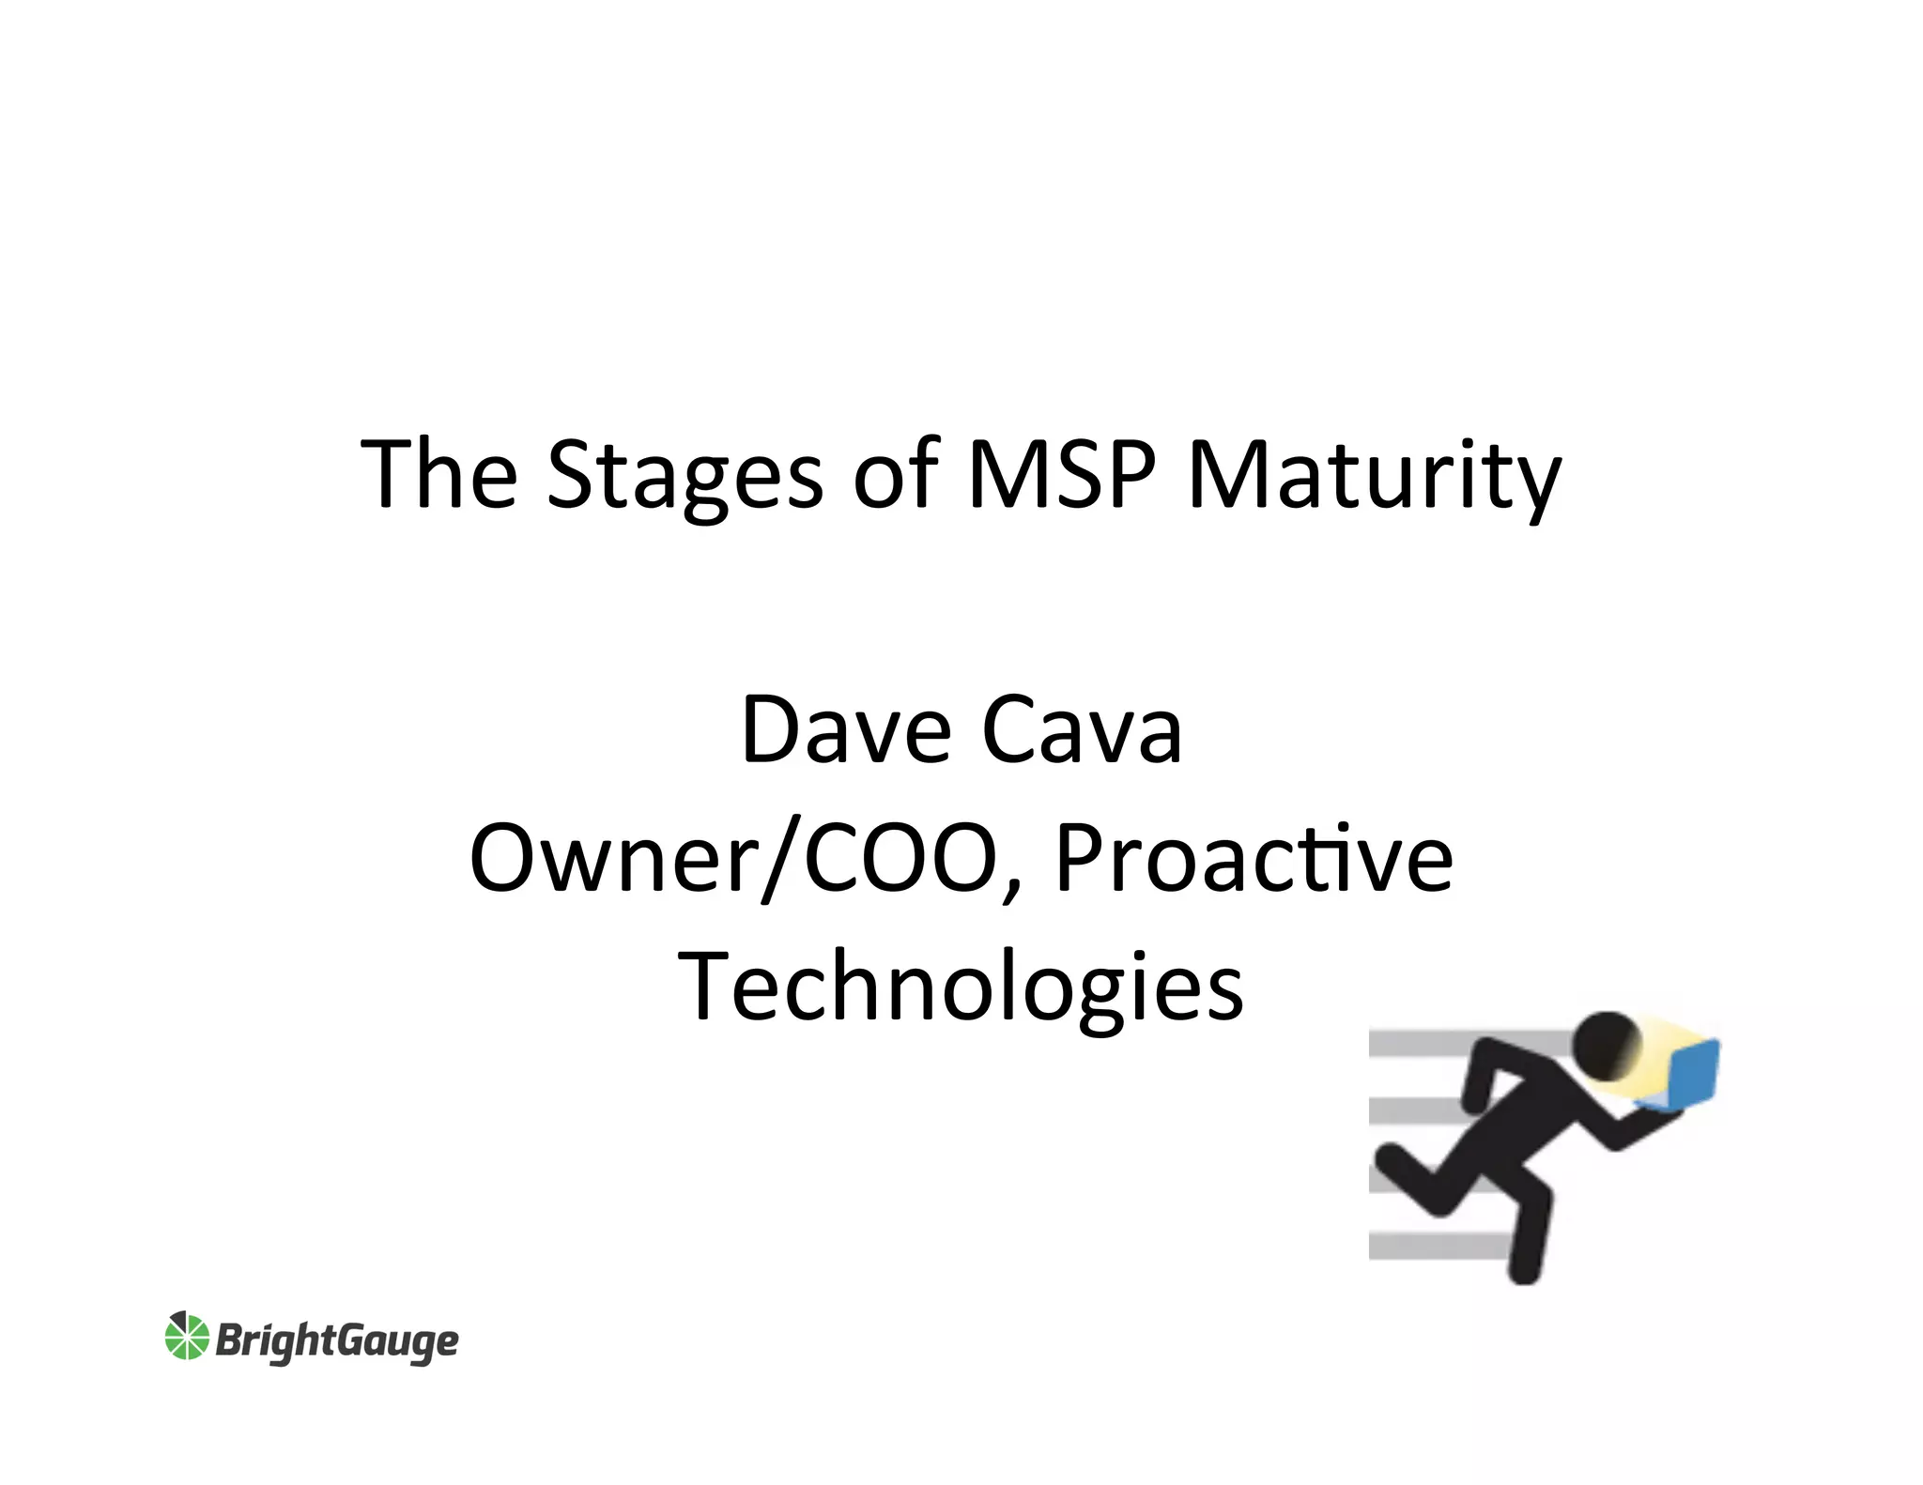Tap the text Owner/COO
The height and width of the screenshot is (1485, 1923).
[732, 858]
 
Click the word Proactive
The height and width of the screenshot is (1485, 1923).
[1254, 858]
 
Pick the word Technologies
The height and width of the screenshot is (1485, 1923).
[961, 987]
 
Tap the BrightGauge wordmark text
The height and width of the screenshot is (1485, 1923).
[337, 1340]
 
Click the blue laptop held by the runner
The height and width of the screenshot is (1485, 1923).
[1688, 1072]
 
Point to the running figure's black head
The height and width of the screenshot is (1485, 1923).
[1606, 1045]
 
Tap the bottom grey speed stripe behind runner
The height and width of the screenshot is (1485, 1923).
[1437, 1246]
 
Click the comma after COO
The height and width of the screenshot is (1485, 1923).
[1011, 890]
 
